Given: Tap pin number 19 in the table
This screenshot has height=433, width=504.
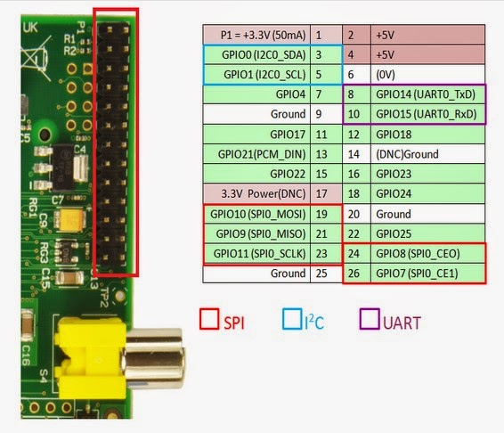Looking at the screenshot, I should coord(327,214).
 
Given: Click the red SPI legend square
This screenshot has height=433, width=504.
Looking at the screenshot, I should coord(211,320).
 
